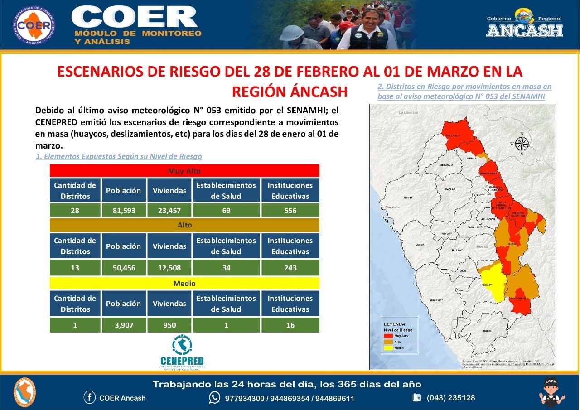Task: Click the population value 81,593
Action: pos(124,211)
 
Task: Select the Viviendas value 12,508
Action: pos(169,268)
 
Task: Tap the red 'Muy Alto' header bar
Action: pos(184,171)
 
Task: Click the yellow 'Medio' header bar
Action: pos(184,283)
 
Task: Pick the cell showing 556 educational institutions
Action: pos(290,211)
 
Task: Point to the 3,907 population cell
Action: pos(124,325)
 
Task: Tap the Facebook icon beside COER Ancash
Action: pos(90,398)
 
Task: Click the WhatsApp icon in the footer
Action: pos(214,398)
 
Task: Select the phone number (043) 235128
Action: pos(450,398)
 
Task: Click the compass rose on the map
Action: pos(522,144)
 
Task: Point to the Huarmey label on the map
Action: pos(436,300)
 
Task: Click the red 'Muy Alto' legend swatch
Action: pos(388,336)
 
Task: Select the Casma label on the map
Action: pos(420,245)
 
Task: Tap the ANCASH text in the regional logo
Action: pos(524,31)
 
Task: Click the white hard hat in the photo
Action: pos(291,33)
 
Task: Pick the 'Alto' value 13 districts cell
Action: pos(75,268)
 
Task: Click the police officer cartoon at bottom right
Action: pos(551,392)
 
